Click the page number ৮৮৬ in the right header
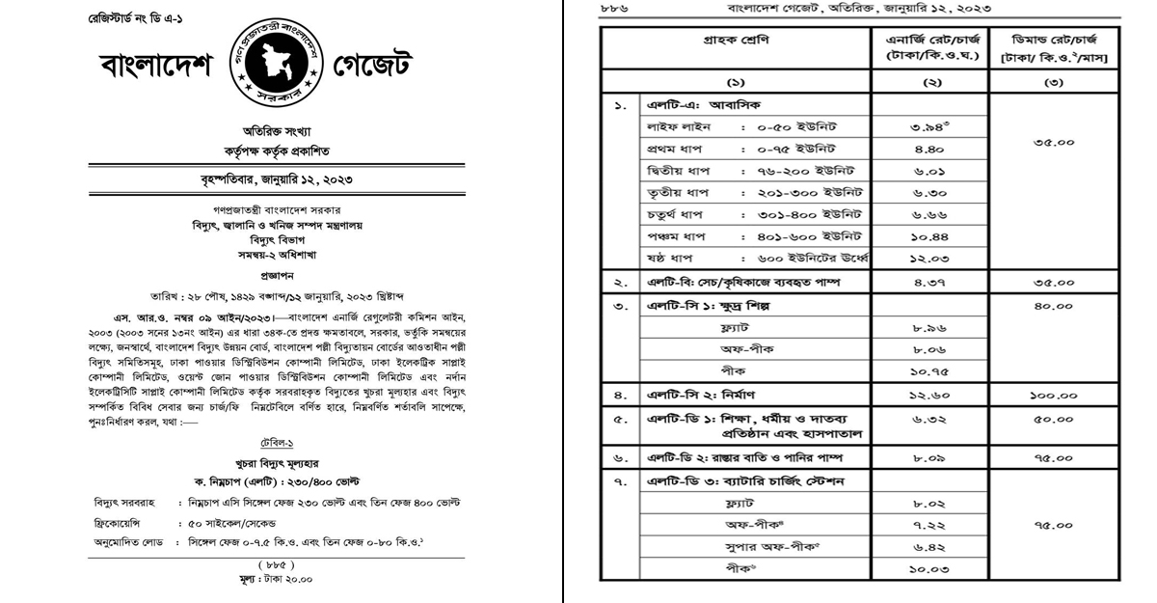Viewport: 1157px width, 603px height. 613,8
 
